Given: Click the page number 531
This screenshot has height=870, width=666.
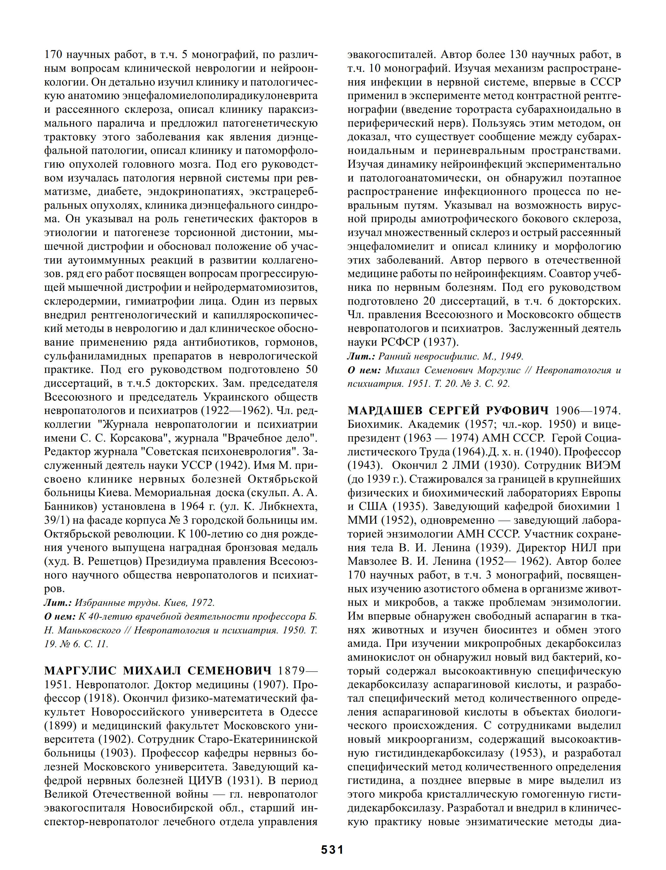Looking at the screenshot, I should point(332,849).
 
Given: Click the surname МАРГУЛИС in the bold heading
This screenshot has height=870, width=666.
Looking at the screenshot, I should point(81,670).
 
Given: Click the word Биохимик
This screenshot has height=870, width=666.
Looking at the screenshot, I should point(374,424).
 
